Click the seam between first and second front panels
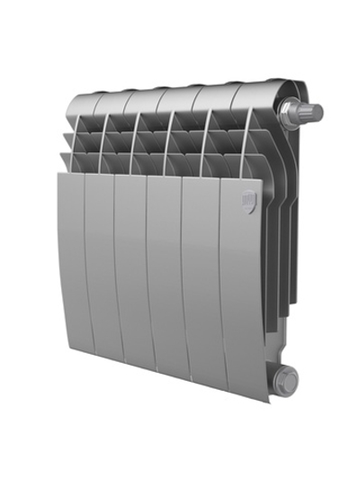(x=85, y=266)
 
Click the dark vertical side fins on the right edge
(x=281, y=234)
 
